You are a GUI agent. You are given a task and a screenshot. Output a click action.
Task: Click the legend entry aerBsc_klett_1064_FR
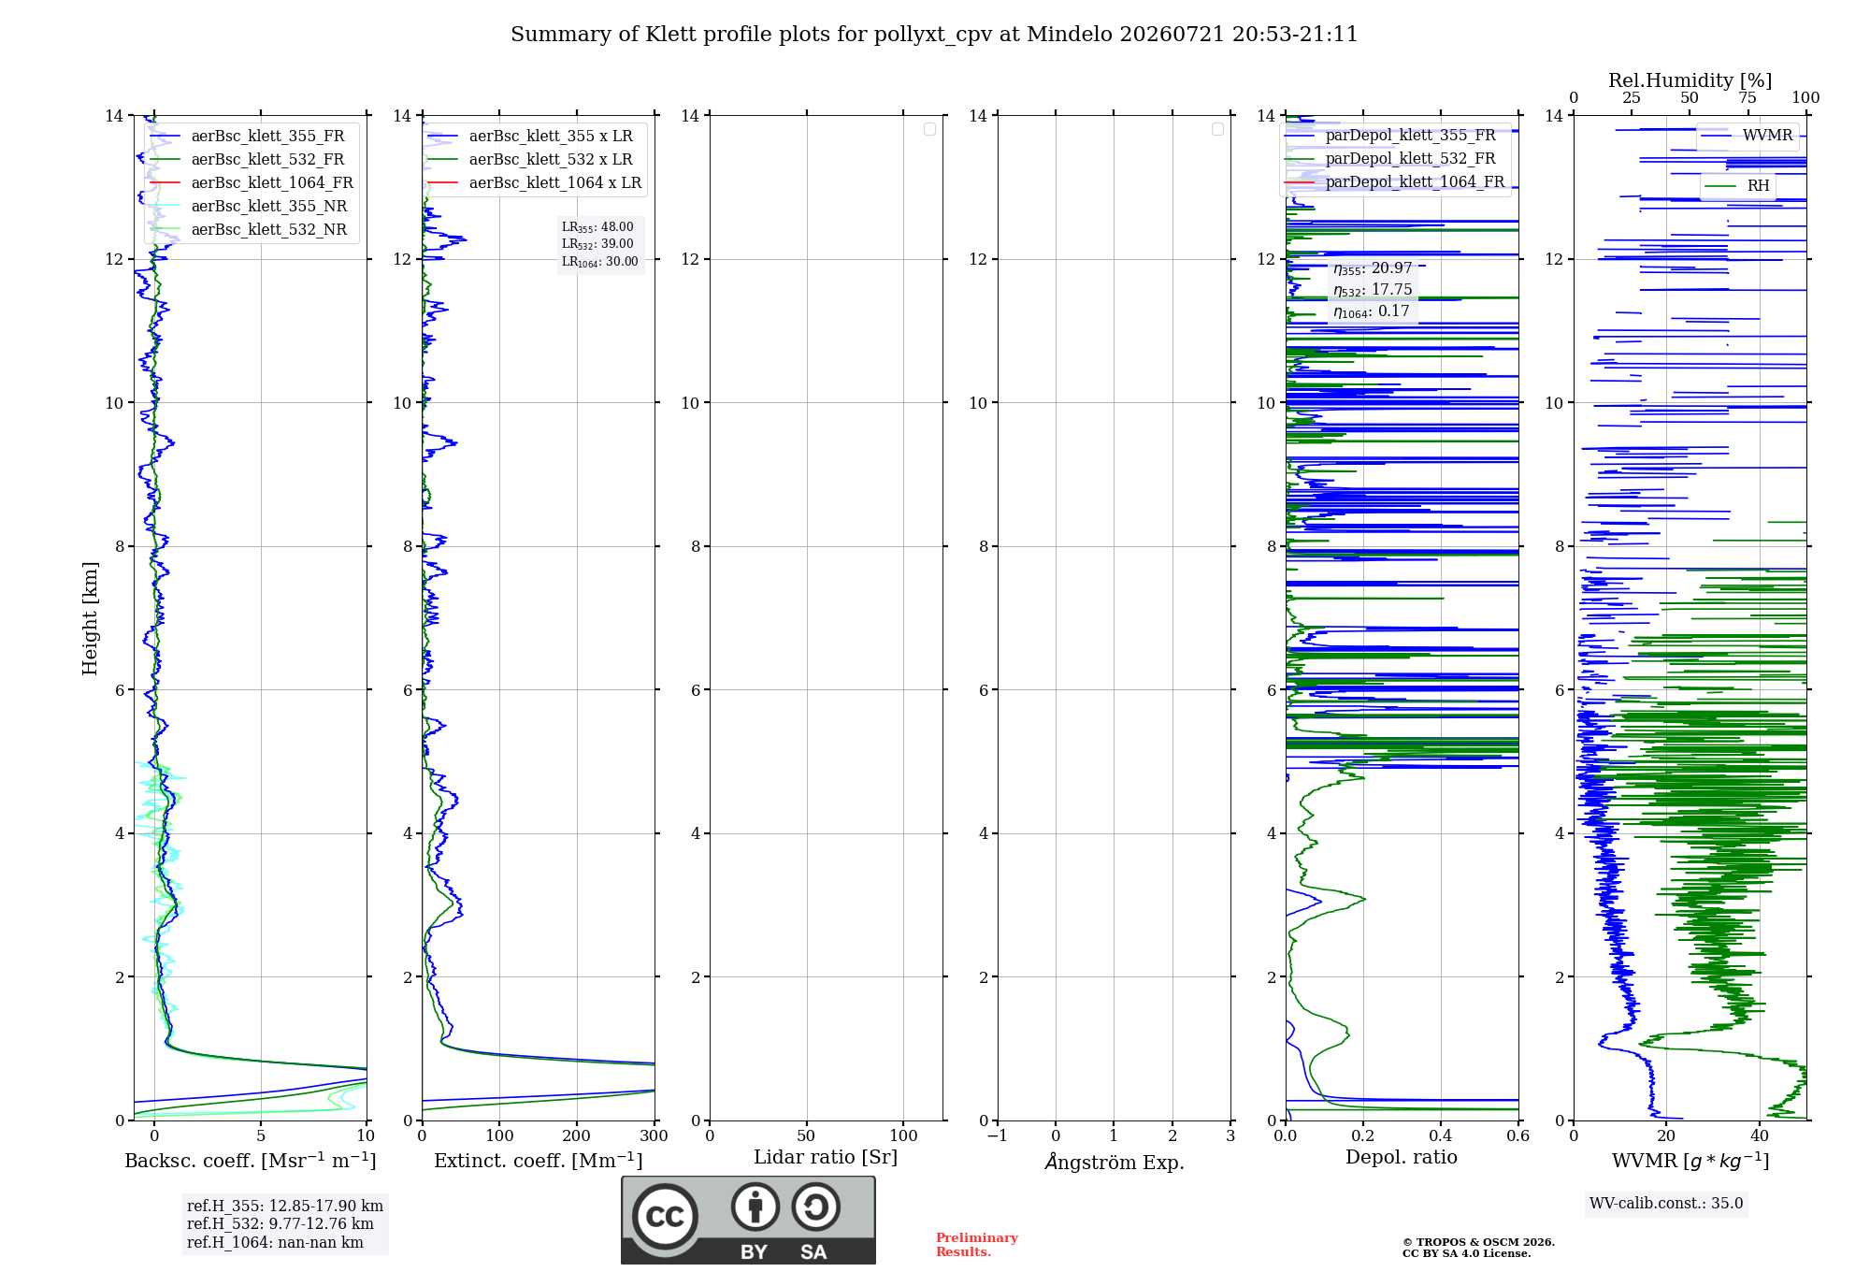click(252, 182)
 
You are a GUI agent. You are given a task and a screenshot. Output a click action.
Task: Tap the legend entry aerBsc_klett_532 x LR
click(530, 159)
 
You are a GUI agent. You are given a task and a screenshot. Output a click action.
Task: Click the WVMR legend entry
click(1747, 135)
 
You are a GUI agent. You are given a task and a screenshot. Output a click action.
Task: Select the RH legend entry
click(1737, 185)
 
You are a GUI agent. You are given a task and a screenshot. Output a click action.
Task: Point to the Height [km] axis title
click(90, 618)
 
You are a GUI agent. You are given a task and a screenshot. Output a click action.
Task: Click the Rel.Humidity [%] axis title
click(1690, 80)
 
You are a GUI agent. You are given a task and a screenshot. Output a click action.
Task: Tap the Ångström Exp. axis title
click(1115, 1162)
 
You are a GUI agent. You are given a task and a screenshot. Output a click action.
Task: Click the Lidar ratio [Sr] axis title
click(826, 1158)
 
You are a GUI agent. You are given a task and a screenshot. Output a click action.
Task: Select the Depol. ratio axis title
click(1402, 1157)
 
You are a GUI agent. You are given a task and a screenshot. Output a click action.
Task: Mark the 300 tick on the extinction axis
click(654, 1135)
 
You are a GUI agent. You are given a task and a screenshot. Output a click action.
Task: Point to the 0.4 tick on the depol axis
click(1441, 1135)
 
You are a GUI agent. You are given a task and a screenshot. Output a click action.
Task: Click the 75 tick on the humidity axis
click(1748, 98)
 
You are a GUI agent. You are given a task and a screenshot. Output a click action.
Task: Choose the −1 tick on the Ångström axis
click(998, 1135)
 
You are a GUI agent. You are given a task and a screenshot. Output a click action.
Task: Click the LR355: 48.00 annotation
click(597, 227)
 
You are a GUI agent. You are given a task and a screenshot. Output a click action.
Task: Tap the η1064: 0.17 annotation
click(1372, 311)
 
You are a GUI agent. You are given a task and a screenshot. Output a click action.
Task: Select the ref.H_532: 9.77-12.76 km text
click(280, 1224)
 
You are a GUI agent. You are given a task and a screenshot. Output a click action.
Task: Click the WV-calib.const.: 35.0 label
click(1666, 1204)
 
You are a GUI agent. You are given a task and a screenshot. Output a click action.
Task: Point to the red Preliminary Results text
click(977, 1245)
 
